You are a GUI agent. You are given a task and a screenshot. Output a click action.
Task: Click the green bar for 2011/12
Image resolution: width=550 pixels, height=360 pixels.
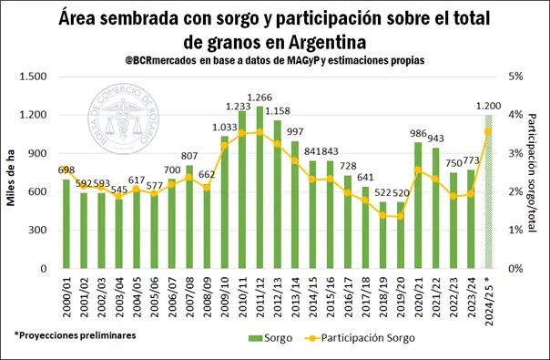[260, 188]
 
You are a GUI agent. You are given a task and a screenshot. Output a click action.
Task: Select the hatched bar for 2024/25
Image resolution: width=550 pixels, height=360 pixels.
[488, 192]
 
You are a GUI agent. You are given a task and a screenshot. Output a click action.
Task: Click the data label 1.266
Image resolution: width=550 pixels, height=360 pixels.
[260, 98]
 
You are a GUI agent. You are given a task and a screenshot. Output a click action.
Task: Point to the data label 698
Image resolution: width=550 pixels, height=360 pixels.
[66, 170]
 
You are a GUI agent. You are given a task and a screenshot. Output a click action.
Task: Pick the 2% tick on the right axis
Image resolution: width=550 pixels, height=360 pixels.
[516, 192]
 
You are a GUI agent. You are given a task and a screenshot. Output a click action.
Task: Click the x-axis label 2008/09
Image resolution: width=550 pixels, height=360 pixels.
[208, 296]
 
